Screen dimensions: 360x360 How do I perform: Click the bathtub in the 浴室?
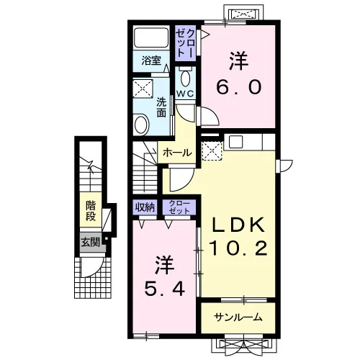151,37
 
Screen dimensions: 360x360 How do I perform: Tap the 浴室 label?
151,60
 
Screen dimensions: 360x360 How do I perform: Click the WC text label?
185,94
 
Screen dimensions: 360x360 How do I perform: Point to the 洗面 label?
161,107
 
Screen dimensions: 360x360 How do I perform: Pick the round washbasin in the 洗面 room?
142,125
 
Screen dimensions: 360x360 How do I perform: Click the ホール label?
177,153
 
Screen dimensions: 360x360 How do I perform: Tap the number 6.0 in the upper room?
238,87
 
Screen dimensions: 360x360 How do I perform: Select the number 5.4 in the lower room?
165,289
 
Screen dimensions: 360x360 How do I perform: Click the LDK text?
238,224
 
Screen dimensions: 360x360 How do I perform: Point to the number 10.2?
238,248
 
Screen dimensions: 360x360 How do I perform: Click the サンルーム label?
238,318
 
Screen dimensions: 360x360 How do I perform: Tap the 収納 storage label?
145,207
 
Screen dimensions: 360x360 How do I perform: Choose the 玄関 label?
90,243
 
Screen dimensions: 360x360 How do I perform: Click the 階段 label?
91,211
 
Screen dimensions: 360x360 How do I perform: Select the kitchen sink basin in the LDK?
236,142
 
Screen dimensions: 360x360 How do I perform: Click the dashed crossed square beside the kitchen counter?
212,151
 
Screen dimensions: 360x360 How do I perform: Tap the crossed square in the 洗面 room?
143,89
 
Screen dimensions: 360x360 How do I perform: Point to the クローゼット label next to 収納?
179,207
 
